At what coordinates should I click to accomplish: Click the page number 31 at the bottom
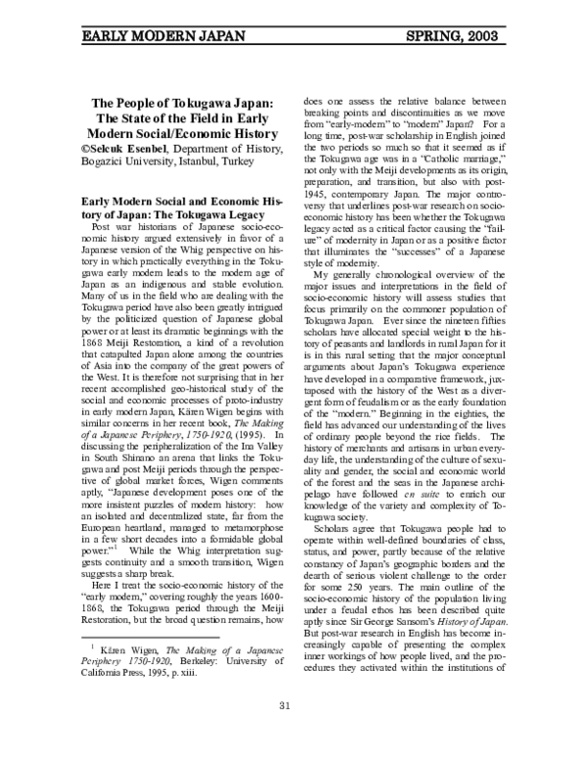(x=286, y=733)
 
